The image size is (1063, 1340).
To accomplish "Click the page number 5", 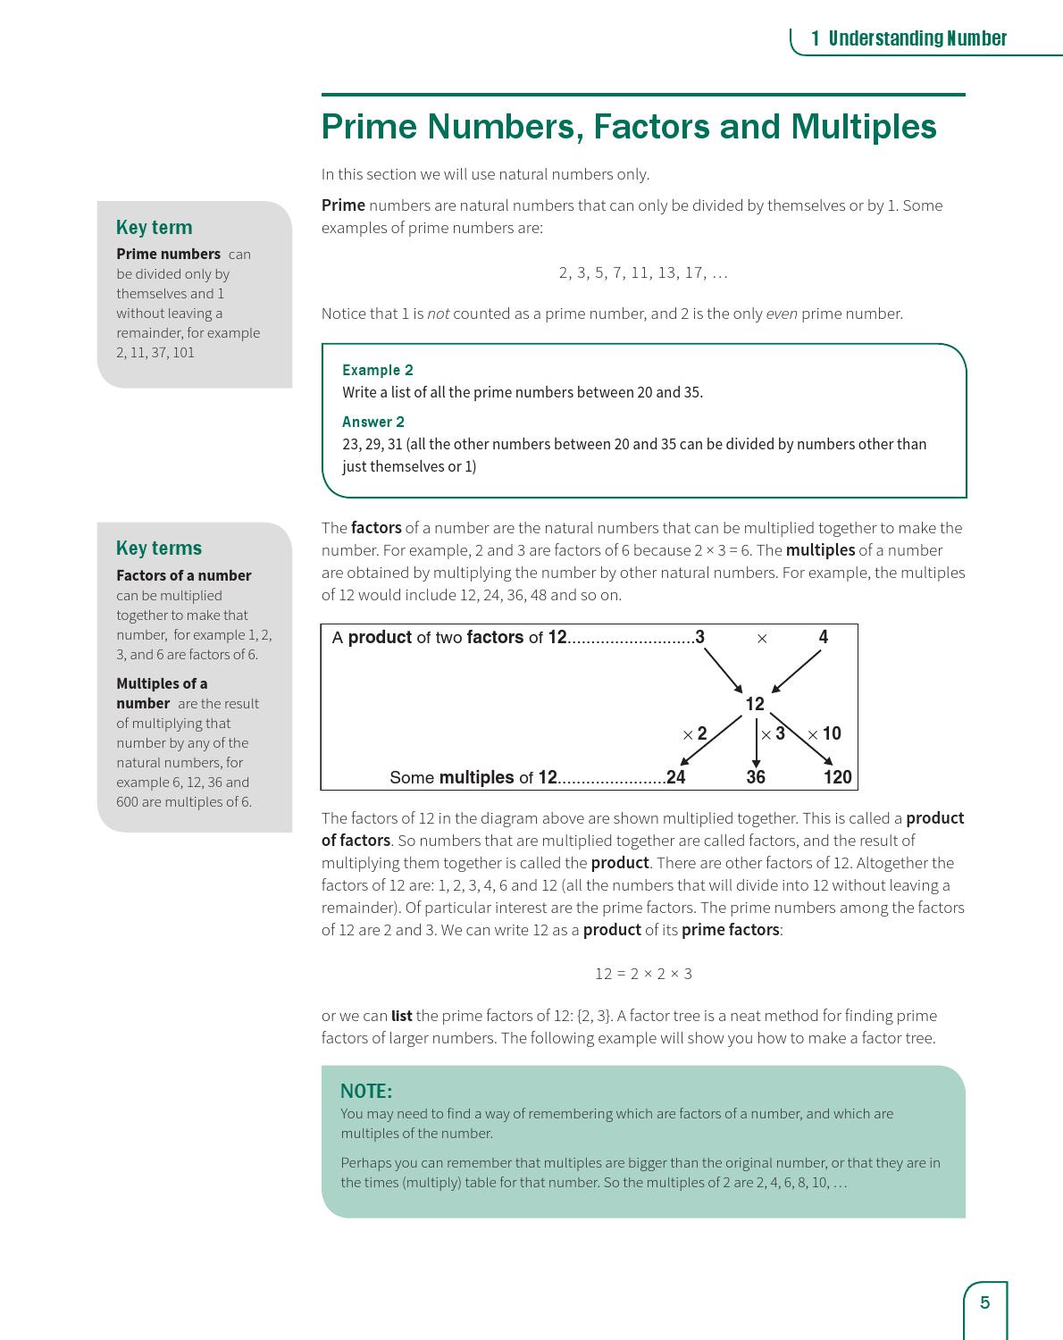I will (985, 1302).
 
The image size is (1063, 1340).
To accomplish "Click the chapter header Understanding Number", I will (917, 38).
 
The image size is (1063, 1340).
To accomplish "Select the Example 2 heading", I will (377, 370).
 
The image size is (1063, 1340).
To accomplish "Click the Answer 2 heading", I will (372, 422).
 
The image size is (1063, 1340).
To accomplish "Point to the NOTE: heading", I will (366, 1091).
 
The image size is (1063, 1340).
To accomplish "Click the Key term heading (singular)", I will (154, 227).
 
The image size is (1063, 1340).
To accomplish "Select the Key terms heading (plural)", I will (159, 548).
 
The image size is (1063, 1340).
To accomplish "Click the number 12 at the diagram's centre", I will (755, 704).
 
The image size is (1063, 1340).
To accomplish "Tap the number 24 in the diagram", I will (676, 777).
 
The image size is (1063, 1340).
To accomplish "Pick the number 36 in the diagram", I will (756, 777).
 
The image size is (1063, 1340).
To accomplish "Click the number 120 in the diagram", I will (837, 777).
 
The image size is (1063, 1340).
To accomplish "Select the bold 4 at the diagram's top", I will (823, 637).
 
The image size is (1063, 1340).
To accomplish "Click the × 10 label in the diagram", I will (824, 733).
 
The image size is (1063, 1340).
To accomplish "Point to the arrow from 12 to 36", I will (756, 743).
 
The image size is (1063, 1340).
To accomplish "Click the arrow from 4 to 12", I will (796, 671).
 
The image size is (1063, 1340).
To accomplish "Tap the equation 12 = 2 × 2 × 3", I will (643, 973).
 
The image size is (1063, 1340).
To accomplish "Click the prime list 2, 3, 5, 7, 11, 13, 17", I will (643, 272).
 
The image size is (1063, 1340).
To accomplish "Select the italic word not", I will (438, 314).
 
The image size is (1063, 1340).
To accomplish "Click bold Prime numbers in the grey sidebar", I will (168, 254).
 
